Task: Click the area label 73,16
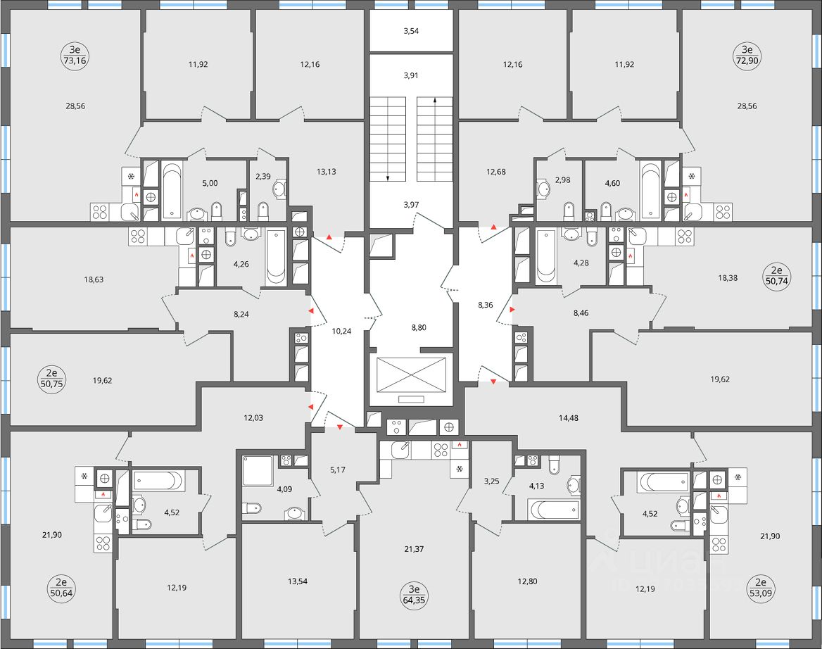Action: (73, 61)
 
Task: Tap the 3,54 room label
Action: (410, 31)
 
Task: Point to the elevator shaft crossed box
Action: (412, 374)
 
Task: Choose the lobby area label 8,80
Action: (417, 327)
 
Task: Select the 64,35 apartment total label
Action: (413, 598)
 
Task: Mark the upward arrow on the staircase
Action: (435, 101)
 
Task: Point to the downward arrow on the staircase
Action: (388, 177)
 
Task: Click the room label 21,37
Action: (413, 548)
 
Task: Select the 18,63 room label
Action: (94, 279)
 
